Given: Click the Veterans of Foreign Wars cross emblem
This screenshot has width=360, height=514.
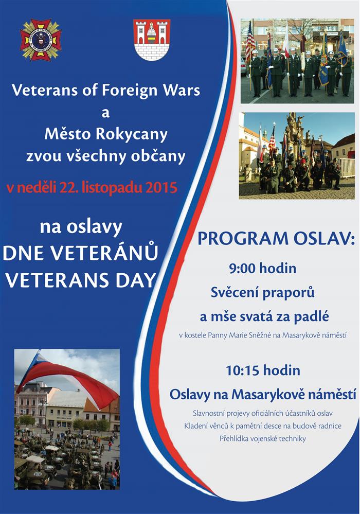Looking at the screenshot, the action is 41,40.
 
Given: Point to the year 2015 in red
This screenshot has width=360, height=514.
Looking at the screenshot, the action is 161,187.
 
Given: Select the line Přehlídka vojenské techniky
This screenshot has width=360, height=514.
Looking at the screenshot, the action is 263,438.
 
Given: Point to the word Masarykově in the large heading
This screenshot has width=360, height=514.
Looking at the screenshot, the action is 262,395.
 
